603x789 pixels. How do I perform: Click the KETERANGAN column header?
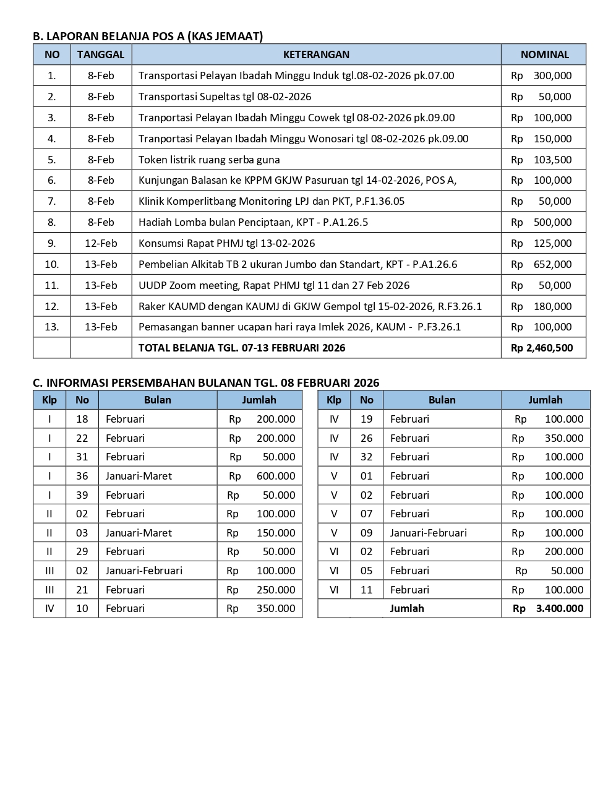[x=316, y=54]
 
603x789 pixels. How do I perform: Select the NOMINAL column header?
[x=544, y=54]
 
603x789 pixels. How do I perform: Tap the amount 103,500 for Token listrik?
[x=552, y=160]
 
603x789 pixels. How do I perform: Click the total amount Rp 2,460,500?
[x=542, y=348]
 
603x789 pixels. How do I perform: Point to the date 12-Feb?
[x=101, y=243]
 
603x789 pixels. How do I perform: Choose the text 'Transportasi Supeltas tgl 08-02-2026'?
[x=225, y=97]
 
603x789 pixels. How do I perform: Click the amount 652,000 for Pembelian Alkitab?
[x=552, y=264]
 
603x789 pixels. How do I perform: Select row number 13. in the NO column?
[x=52, y=327]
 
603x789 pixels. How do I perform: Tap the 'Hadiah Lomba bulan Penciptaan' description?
[x=253, y=222]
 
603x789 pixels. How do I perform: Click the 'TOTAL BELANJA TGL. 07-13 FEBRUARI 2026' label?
[x=242, y=348]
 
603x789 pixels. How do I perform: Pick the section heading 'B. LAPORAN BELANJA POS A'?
[x=148, y=37]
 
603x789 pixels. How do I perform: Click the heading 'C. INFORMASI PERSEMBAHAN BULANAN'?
[x=206, y=382]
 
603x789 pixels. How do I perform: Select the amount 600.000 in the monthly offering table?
[x=276, y=476]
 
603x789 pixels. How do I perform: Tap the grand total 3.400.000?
[x=559, y=608]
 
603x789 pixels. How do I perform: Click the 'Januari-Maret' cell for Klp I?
[x=139, y=476]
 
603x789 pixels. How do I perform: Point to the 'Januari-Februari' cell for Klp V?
[x=428, y=533]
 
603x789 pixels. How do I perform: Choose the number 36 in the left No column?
[x=82, y=476]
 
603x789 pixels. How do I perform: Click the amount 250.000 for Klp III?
[x=276, y=590]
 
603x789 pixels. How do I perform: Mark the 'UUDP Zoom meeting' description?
[x=274, y=285]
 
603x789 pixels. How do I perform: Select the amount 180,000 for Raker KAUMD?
[x=552, y=306]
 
